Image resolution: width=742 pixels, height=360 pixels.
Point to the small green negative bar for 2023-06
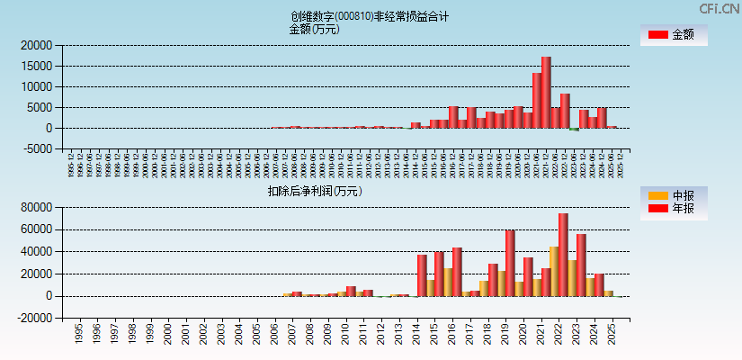coord(574,130)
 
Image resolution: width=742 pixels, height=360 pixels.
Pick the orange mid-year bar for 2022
coord(554,271)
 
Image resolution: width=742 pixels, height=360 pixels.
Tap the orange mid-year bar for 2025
coord(608,293)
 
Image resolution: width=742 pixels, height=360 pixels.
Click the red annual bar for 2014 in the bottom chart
coord(422,275)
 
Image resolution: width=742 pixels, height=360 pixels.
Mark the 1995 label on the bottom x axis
coord(79,335)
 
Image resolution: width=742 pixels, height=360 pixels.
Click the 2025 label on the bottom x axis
coord(612,335)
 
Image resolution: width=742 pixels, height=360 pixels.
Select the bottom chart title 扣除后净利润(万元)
coord(314,191)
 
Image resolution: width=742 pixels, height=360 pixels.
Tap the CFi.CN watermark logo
coord(719,8)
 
